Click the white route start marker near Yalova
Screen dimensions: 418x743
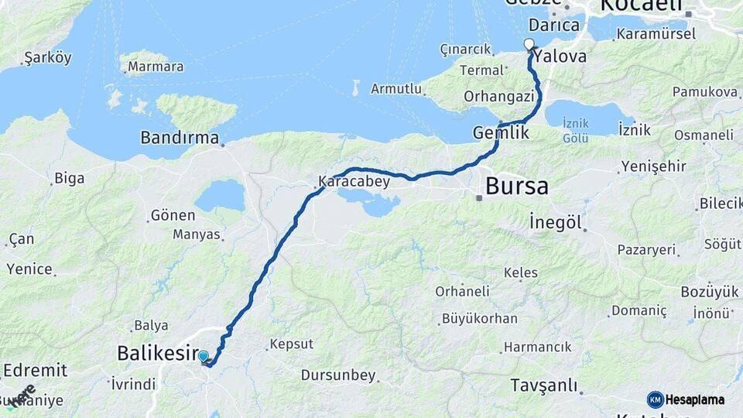point(529,43)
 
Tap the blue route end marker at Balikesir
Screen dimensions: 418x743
point(204,357)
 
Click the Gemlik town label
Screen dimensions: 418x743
point(502,133)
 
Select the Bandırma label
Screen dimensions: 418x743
point(180,138)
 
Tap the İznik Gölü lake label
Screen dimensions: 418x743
point(575,130)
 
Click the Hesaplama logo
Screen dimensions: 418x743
point(686,399)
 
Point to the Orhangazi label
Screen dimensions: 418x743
point(499,97)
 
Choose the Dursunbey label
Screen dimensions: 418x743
point(338,375)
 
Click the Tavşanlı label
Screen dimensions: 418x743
point(544,385)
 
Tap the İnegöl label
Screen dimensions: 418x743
point(556,222)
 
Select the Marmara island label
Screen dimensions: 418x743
point(156,67)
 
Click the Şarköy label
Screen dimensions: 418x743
point(47,58)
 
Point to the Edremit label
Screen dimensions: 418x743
point(34,370)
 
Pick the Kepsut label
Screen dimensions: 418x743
point(291,344)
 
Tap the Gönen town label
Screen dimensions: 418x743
point(173,215)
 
